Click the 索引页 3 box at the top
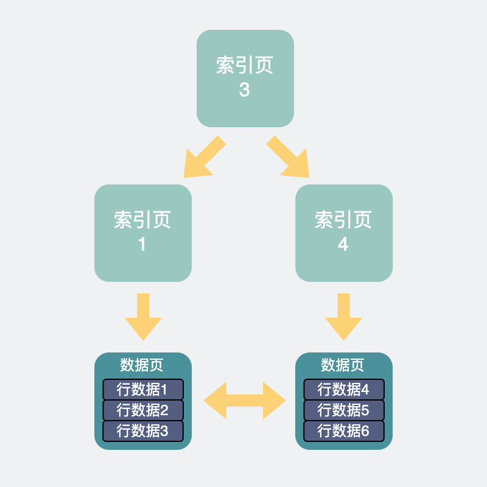245,78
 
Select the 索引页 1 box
142,233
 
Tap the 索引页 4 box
343,233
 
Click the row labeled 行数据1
142,389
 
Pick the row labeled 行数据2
142,410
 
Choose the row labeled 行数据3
142,430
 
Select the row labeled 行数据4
343,389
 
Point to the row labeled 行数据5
343,410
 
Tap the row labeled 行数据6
343,430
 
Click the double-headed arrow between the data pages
244,401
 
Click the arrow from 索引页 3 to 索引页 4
288,157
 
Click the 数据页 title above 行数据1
142,365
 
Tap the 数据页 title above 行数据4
343,365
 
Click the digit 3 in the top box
244,90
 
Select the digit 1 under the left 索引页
142,245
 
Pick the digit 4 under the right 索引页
343,245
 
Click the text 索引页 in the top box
245,66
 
